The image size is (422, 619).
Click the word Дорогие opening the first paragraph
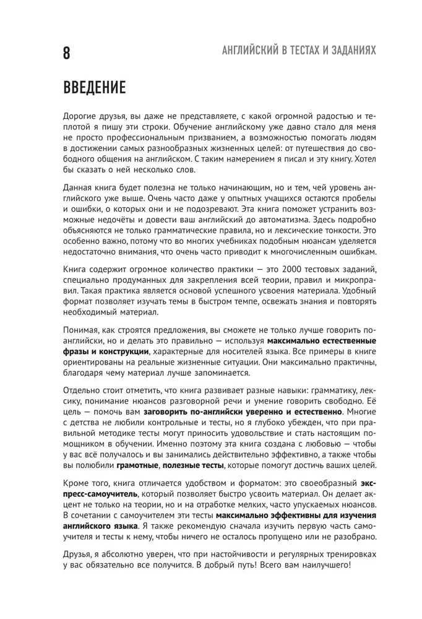(80, 116)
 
